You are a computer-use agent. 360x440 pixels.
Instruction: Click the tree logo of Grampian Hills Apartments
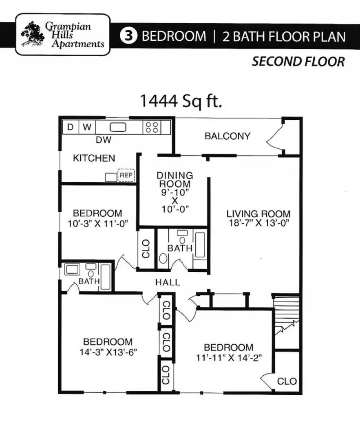pos(33,34)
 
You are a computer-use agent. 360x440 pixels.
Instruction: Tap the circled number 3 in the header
pos(128,36)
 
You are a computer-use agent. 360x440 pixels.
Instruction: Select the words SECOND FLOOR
pos(298,62)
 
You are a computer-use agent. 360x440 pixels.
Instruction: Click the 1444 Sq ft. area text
pos(181,101)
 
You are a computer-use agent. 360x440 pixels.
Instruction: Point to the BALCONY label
pos(227,136)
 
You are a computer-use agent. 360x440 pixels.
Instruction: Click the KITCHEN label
pos(94,158)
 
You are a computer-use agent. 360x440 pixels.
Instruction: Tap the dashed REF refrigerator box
pos(126,175)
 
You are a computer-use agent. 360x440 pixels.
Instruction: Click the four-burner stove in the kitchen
pos(152,128)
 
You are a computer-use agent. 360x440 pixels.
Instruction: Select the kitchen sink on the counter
pos(118,128)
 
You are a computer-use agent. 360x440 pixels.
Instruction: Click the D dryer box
pos(70,128)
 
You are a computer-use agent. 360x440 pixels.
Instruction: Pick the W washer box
pos(87,128)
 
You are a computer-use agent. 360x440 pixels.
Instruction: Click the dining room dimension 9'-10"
pos(175,192)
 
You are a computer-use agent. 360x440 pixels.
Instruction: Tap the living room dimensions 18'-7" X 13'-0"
pos(258,223)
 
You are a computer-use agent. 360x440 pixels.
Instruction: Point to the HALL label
pos(168,282)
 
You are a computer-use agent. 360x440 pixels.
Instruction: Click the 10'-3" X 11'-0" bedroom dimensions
pos(98,224)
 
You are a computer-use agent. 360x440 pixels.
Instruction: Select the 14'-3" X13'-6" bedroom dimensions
pos(108,352)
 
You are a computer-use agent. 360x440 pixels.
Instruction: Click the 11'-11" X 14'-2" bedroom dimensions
pos(229,358)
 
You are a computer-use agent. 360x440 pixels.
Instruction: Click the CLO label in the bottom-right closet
pos(287,381)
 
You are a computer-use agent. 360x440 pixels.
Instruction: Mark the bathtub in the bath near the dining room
pos(200,244)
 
